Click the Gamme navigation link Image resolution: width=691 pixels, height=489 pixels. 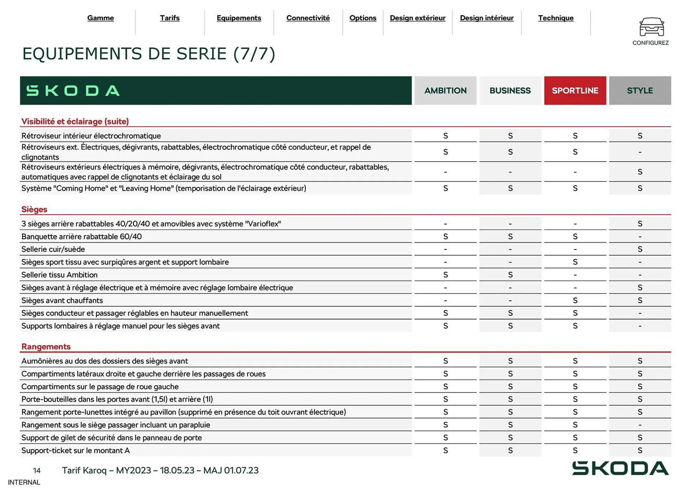pyautogui.click(x=100, y=18)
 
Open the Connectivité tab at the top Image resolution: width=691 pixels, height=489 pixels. pyautogui.click(x=308, y=18)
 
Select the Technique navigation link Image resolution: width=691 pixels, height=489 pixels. pyautogui.click(x=555, y=18)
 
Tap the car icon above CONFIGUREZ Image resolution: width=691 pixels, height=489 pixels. pyautogui.click(x=651, y=27)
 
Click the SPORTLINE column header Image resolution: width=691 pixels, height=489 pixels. pyautogui.click(x=575, y=90)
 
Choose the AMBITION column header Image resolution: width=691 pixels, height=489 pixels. pyautogui.click(x=445, y=90)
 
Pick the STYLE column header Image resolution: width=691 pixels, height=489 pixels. pyautogui.click(x=640, y=90)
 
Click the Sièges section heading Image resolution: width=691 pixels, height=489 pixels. pyautogui.click(x=34, y=209)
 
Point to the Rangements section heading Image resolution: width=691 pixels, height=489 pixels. pyautogui.click(x=46, y=346)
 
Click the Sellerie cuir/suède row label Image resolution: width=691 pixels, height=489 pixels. pyautogui.click(x=53, y=249)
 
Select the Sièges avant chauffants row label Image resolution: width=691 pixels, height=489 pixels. pyautogui.click(x=62, y=300)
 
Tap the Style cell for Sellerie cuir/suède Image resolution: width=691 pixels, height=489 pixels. pyautogui.click(x=640, y=249)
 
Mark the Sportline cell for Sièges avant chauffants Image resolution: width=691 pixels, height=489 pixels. pyautogui.click(x=575, y=300)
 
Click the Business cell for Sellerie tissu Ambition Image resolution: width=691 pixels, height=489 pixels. pyautogui.click(x=510, y=275)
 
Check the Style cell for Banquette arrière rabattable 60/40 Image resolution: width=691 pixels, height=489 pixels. pyautogui.click(x=640, y=237)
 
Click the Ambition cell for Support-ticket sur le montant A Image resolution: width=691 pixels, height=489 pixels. pyautogui.click(x=445, y=450)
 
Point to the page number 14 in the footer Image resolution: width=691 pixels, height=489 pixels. pyautogui.click(x=37, y=470)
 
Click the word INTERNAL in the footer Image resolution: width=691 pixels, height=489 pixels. pyautogui.click(x=24, y=482)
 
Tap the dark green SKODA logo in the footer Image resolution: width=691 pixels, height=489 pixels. pyautogui.click(x=620, y=468)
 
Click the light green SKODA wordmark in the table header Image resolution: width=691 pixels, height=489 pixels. pyautogui.click(x=73, y=90)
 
